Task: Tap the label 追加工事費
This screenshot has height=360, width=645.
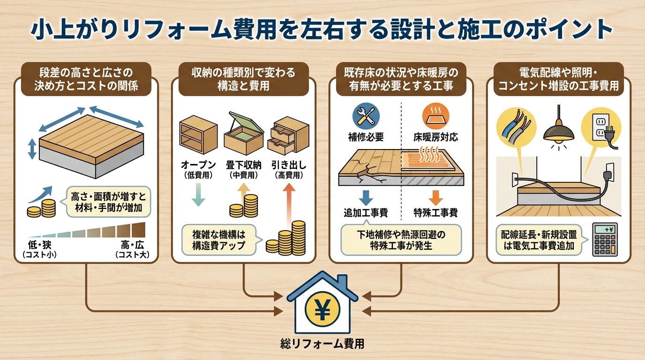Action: click(366, 213)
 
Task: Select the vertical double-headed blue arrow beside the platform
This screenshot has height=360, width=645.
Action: click(32, 149)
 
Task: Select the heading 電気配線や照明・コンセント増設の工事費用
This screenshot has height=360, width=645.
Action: click(558, 79)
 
